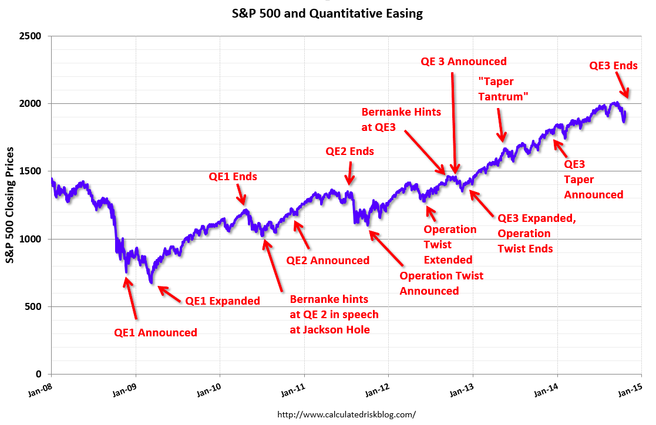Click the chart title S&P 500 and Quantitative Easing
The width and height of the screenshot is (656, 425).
click(327, 13)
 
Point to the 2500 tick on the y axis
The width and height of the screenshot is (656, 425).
click(31, 36)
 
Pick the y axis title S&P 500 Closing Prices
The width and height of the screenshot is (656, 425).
click(11, 205)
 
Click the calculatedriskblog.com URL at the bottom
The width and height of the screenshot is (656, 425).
click(345, 414)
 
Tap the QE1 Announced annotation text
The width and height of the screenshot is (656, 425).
click(156, 332)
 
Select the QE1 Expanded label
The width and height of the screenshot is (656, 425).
click(223, 301)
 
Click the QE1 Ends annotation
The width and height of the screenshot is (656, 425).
click(233, 176)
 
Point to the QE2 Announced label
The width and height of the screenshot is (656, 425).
click(328, 260)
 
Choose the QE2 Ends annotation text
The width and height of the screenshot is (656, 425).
click(349, 151)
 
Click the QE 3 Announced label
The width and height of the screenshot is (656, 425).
click(463, 62)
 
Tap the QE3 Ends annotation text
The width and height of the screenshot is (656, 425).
click(613, 66)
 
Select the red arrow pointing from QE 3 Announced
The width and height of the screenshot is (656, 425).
click(454, 123)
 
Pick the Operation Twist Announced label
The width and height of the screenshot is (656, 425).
click(441, 283)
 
